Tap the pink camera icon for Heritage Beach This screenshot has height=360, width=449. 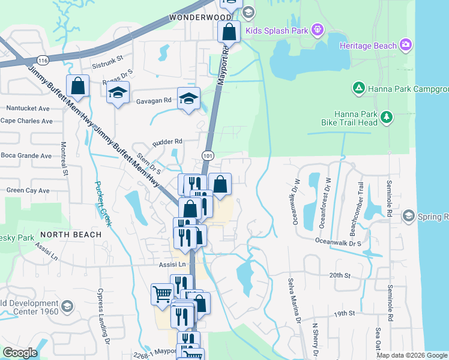[406, 45]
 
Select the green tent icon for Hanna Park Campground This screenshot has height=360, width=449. [358, 89]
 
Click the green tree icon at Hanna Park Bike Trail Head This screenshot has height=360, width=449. [387, 117]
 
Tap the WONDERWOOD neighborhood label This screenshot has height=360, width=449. [200, 17]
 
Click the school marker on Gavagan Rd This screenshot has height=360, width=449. [188, 99]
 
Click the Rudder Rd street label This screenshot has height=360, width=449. [167, 142]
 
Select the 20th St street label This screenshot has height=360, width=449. [339, 275]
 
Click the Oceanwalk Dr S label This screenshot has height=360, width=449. [339, 243]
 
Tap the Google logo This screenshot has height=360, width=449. [20, 353]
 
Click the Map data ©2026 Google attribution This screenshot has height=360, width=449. [412, 355]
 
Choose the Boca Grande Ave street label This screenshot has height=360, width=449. [26, 155]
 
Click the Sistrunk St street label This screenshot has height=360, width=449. [107, 59]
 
